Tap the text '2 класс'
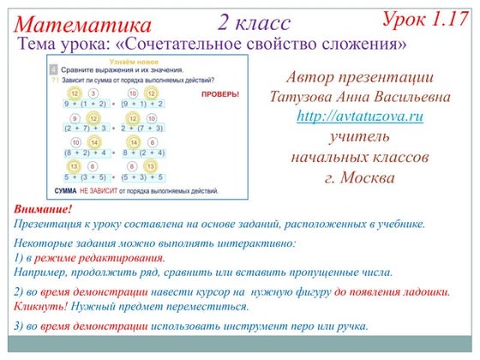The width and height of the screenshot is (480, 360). [x=254, y=22]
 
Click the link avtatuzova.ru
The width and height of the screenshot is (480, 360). [x=348, y=116]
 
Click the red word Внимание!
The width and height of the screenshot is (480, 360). [x=43, y=210]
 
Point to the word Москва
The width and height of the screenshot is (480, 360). [x=368, y=178]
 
